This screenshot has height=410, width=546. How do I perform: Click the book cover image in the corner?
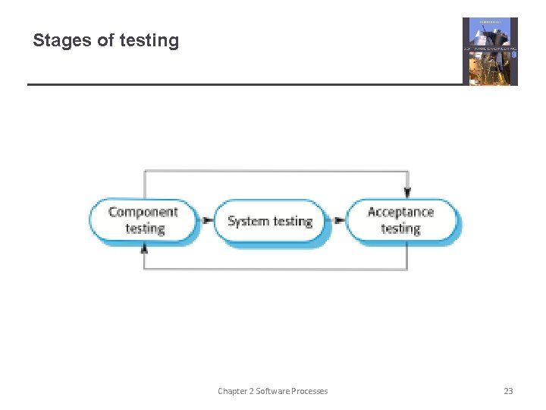click(x=490, y=52)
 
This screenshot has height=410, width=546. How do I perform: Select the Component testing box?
click(x=143, y=220)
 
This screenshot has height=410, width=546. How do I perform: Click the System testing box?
click(x=270, y=221)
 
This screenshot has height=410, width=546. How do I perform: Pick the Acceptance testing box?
click(x=401, y=220)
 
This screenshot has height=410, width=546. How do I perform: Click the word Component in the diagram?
click(x=143, y=212)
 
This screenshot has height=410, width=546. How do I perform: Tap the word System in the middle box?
click(x=248, y=221)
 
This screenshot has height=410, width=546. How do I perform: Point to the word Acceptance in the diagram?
click(x=400, y=212)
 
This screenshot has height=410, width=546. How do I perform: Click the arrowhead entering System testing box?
click(x=208, y=221)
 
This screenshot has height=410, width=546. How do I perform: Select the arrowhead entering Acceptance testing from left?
click(x=340, y=221)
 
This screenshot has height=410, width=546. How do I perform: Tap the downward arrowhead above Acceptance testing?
click(x=407, y=193)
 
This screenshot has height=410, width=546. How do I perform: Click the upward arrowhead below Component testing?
click(x=144, y=250)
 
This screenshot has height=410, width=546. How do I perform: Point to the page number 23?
click(x=508, y=391)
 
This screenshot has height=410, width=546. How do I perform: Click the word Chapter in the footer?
click(x=233, y=391)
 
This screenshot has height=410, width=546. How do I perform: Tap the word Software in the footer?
click(x=271, y=391)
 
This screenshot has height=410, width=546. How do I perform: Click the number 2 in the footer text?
click(x=251, y=391)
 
